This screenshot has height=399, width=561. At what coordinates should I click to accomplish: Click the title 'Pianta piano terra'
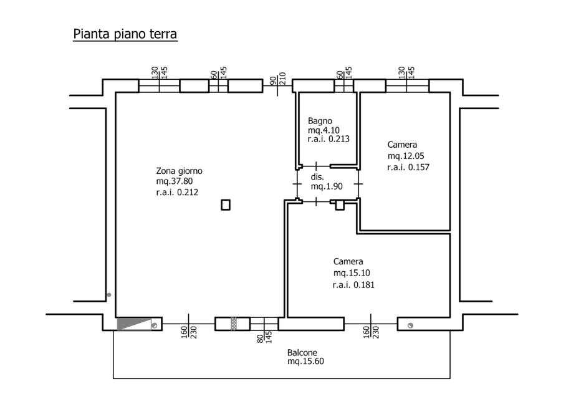(125, 34)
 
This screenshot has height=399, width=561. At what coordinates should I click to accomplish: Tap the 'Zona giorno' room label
(180, 171)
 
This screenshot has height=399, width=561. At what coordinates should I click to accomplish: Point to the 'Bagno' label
(320, 121)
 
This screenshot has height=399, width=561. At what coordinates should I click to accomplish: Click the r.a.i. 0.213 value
(328, 139)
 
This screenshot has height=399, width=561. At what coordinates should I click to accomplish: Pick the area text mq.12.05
(406, 156)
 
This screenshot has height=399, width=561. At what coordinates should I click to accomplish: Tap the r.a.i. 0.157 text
(408, 167)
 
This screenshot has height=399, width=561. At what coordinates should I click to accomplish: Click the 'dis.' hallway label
(317, 177)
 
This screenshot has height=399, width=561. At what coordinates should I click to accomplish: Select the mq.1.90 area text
(327, 186)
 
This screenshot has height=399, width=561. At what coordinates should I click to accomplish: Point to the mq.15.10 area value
(352, 273)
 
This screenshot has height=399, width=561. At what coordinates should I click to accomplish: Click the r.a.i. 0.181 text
(353, 285)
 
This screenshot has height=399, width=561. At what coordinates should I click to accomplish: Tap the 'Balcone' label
(302, 352)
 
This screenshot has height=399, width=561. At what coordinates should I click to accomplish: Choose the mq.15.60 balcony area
(305, 362)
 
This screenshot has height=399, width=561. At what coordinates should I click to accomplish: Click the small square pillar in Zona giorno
(226, 205)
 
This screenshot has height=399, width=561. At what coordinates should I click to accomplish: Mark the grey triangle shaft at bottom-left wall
(134, 324)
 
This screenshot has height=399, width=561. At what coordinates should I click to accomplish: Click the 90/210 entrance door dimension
(277, 79)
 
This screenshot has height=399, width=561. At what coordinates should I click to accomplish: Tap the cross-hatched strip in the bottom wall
(234, 324)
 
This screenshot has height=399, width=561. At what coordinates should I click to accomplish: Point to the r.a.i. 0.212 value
(177, 192)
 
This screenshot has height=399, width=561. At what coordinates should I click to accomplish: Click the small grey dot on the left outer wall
(109, 295)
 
